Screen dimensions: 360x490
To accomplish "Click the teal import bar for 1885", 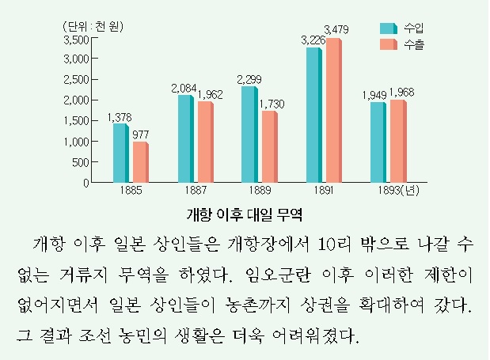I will (x=120, y=153).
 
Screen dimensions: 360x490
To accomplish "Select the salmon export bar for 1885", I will (x=140, y=162).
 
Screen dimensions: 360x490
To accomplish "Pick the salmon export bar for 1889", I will (x=269, y=146).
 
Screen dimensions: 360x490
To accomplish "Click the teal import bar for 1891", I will (x=313, y=115).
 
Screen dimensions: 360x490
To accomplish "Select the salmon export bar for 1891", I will (x=333, y=111).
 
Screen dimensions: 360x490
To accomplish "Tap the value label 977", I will (x=142, y=134).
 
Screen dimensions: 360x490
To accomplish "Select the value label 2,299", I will (x=249, y=78).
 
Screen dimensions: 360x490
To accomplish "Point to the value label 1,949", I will (x=374, y=96).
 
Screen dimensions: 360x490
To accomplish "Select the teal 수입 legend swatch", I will (x=387, y=27).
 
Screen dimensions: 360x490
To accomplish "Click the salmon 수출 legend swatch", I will (x=387, y=46).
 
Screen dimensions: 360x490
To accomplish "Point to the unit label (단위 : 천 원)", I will (x=93, y=25).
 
